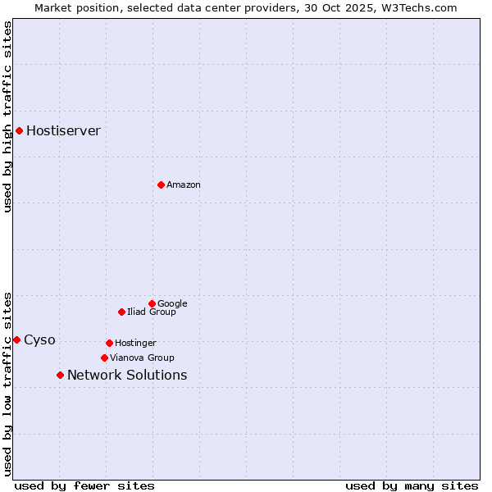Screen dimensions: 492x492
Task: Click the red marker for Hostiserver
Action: point(19,130)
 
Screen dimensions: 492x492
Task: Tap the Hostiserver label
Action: point(63,131)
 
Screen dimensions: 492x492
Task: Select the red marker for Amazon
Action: point(161,184)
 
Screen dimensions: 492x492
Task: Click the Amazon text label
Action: point(183,185)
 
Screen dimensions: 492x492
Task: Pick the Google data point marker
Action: point(152,303)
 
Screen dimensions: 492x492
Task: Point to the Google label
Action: point(172,304)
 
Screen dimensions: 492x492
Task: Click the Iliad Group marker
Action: point(121,312)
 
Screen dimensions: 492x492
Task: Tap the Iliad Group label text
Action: point(151,312)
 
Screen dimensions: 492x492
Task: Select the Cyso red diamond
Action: point(16,339)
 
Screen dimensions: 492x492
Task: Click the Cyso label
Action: point(39,340)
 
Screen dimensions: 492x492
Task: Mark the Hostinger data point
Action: point(109,343)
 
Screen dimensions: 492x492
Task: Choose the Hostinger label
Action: point(135,344)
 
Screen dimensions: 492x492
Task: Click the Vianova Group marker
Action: point(104,358)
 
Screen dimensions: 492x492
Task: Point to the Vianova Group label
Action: point(142,358)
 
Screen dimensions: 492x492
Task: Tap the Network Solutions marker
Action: point(60,375)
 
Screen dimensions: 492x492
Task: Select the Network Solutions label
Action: point(127,376)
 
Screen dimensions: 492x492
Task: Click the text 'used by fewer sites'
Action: point(84,485)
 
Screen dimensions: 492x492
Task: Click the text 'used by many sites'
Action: point(412,485)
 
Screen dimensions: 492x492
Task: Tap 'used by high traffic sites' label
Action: point(7,116)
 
